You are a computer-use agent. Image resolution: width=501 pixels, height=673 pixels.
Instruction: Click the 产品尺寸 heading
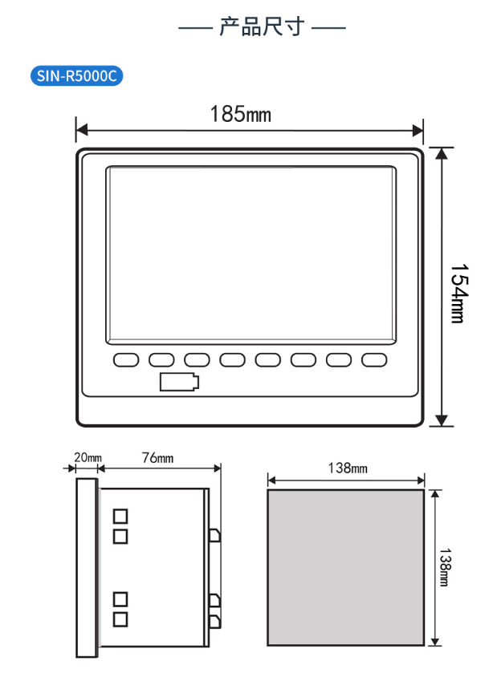tap(262, 26)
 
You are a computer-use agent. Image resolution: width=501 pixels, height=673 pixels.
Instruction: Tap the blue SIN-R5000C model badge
tap(77, 75)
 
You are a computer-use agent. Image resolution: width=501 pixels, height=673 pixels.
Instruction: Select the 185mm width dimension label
tap(241, 114)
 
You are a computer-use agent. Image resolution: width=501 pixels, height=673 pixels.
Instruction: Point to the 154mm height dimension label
tap(458, 293)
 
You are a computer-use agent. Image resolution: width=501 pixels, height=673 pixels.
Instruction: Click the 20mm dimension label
tap(88, 457)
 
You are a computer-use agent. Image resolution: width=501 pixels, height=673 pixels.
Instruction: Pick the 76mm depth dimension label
tap(157, 458)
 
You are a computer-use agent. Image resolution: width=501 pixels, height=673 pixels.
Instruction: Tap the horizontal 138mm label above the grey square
tap(348, 468)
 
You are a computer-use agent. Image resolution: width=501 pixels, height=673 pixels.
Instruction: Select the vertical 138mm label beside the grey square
tap(445, 567)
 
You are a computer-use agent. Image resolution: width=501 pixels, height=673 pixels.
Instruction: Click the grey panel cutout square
tap(346, 567)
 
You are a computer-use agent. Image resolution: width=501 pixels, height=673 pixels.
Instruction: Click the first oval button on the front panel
tap(126, 360)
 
